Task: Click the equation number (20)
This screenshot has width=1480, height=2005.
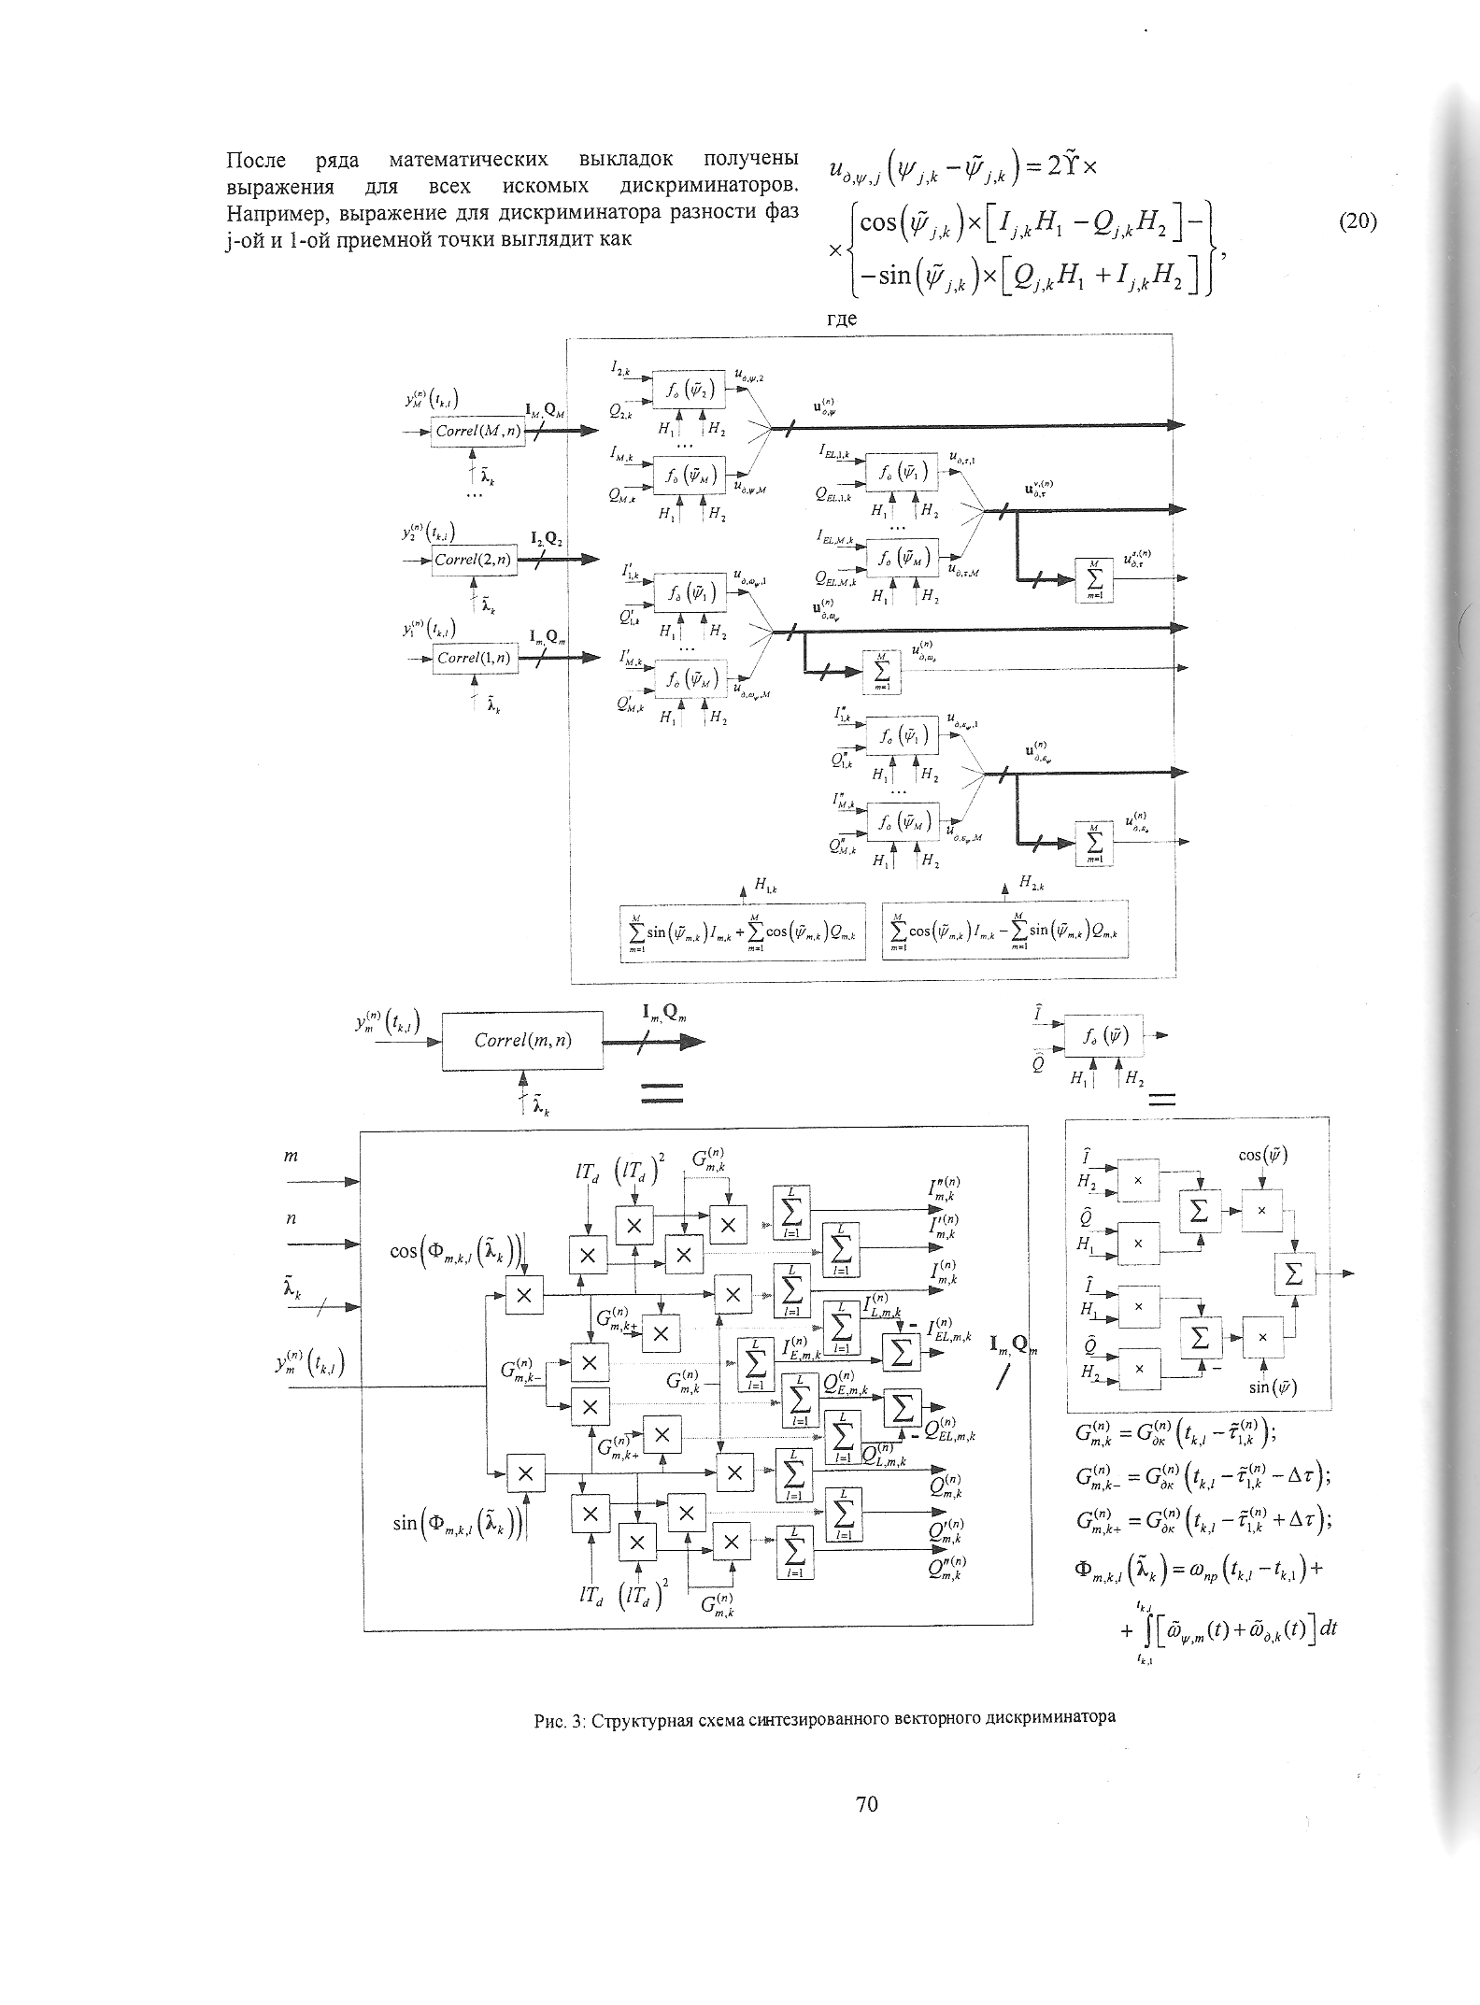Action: pyautogui.click(x=1358, y=222)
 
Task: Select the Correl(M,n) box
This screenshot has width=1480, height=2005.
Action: pyautogui.click(x=477, y=432)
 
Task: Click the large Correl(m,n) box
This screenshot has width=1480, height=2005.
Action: pyautogui.click(x=522, y=1040)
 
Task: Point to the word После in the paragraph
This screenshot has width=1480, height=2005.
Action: pyautogui.click(x=256, y=160)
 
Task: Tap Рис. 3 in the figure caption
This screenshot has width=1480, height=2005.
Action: pyautogui.click(x=558, y=1717)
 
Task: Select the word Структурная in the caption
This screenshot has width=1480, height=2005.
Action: pyautogui.click(x=635, y=1717)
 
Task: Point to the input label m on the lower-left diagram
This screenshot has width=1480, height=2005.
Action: pyautogui.click(x=291, y=1157)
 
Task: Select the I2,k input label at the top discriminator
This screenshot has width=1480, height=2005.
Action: pyautogui.click(x=620, y=371)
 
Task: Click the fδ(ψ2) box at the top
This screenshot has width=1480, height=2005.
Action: pyautogui.click(x=690, y=390)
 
